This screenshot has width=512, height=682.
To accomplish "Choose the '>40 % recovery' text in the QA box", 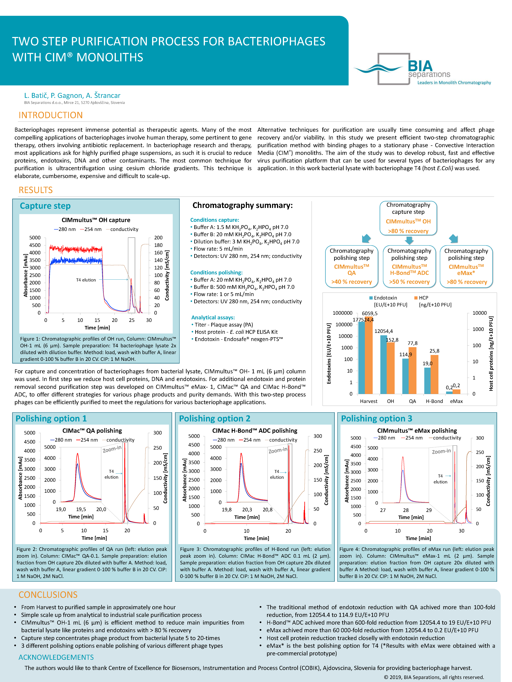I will tap(351, 282).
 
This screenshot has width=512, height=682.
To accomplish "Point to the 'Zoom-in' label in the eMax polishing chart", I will tap(441, 451).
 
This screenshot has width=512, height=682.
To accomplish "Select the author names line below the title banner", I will tap(72, 96).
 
